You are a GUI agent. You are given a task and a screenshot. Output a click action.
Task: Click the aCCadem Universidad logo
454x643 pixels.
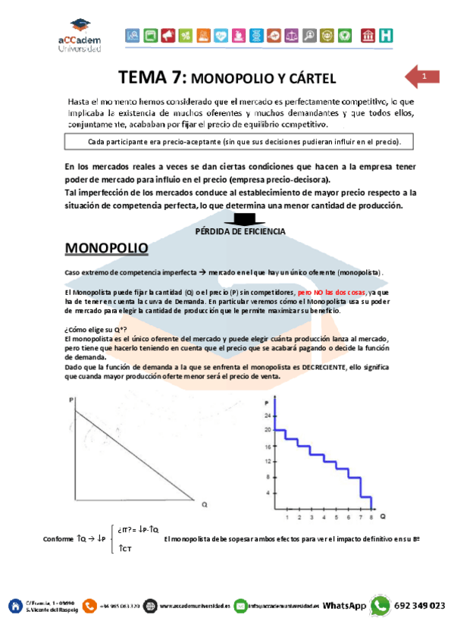78,36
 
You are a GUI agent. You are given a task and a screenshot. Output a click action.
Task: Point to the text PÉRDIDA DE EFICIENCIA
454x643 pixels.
241,231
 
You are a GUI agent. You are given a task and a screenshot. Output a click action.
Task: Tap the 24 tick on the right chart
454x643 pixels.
268,416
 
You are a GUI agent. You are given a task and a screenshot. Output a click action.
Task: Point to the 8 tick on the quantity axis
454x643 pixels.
371,517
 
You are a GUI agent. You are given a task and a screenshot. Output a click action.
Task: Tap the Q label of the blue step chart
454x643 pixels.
384,516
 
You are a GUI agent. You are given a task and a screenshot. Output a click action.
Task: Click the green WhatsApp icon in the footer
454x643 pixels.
380,606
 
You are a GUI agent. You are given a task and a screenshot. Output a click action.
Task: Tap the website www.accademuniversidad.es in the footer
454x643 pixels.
195,607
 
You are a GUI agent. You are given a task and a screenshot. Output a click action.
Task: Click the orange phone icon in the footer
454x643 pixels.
90,606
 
